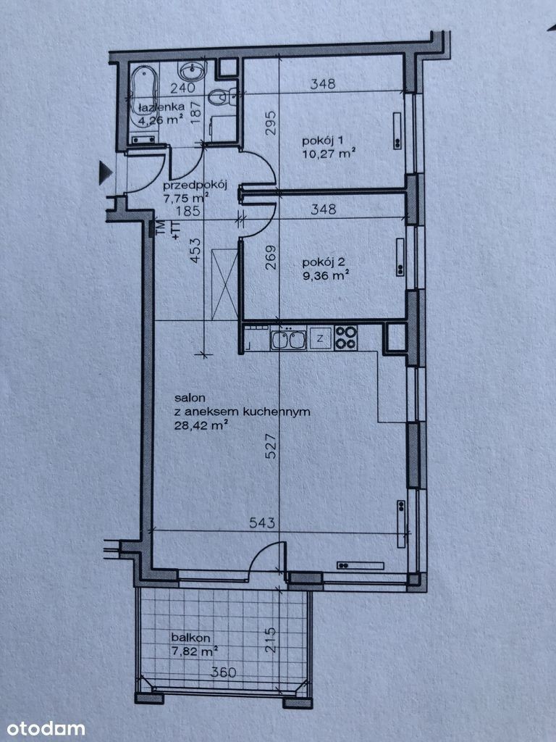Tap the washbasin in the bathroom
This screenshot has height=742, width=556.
coord(193,71)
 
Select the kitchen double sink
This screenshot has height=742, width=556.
coord(288,340)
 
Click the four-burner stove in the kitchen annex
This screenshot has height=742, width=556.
coord(345,338)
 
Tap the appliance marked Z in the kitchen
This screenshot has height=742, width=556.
coord(320,338)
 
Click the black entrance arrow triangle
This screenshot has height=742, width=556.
coord(106,172)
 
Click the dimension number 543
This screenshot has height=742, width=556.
coord(262,522)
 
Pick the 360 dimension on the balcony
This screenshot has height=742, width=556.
coord(223,672)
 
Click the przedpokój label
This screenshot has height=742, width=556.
coord(195,185)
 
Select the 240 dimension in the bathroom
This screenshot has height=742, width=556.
coord(182,88)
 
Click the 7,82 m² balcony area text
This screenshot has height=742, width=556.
coord(195,651)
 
